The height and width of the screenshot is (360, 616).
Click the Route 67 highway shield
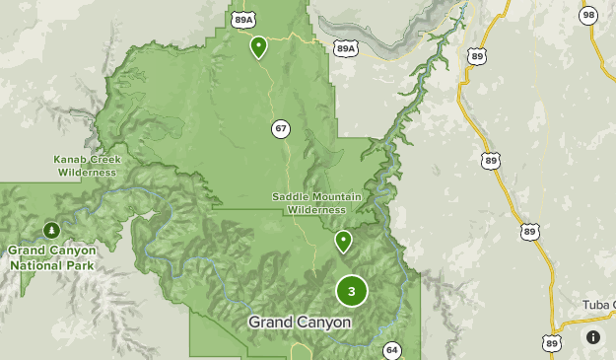(x=281, y=129)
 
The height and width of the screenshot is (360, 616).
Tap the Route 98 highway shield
(x=588, y=15)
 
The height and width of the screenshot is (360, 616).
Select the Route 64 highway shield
(x=392, y=351)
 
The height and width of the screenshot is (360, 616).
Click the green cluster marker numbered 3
(x=352, y=291)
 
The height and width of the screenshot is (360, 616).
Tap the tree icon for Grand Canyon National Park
(x=50, y=230)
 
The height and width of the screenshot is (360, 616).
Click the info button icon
(x=593, y=337)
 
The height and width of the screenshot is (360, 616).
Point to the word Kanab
(x=70, y=159)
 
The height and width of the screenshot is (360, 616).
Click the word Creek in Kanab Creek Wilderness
(x=106, y=159)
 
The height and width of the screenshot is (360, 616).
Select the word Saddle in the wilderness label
(x=290, y=197)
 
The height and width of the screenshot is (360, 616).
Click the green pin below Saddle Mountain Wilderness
(x=343, y=241)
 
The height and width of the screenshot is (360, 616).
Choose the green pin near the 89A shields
(x=258, y=45)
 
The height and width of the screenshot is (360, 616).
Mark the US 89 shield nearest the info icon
(x=552, y=343)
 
